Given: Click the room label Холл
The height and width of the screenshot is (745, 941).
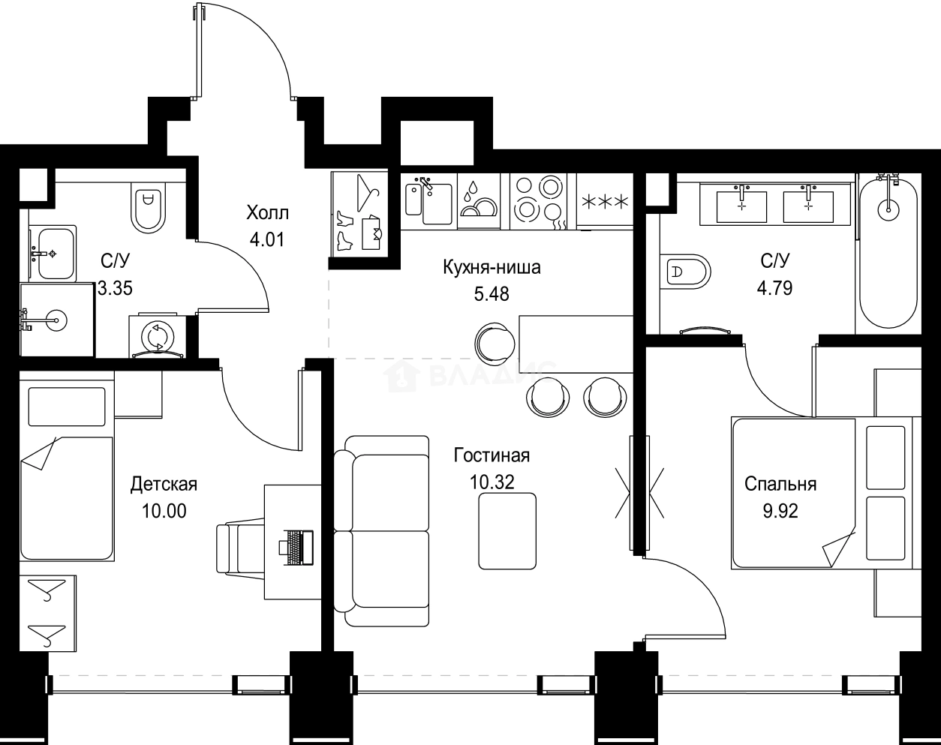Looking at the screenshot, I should coord(267,213).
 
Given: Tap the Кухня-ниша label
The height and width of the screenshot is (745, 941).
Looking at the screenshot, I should coord(492,267).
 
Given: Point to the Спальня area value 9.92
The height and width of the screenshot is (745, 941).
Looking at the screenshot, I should coord(780,511).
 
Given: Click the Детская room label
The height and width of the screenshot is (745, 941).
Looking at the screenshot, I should coord(164,484).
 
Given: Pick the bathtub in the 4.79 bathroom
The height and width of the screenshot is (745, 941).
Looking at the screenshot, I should coord(888,251).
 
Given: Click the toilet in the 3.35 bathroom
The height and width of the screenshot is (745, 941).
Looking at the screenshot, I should coord(148,206).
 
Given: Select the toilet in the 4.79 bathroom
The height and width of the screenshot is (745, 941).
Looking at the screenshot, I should coord(686,272).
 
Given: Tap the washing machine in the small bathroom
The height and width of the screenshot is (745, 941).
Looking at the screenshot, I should coord(157,336).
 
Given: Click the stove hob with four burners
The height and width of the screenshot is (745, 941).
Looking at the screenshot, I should coord(538,197).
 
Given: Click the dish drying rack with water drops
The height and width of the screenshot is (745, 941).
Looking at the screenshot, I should coord(478,200).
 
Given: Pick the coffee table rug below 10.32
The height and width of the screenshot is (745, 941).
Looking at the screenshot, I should coord(507,530).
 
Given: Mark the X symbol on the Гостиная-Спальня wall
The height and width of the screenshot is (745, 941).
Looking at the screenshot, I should coord(640,494).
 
